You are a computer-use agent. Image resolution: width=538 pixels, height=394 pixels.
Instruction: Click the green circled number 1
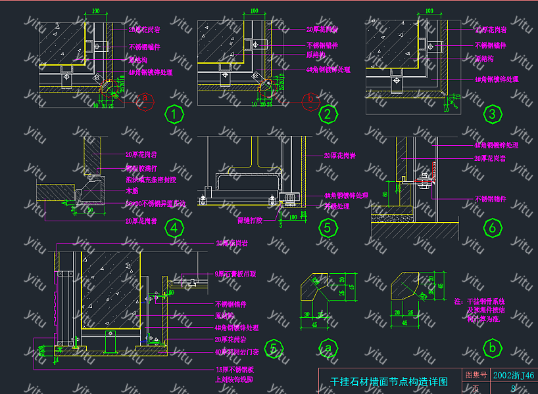tap(174, 115)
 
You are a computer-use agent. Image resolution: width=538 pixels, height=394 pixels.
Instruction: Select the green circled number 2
tap(327, 115)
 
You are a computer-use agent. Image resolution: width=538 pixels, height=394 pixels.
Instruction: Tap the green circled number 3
tap(491, 115)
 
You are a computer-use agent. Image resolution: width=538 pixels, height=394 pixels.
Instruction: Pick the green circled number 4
tap(174, 228)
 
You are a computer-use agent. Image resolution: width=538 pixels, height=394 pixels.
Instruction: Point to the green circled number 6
tap(491, 228)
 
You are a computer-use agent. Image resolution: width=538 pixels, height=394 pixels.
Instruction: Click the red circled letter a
tap(147, 99)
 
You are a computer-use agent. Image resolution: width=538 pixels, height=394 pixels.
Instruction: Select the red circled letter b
tap(312, 99)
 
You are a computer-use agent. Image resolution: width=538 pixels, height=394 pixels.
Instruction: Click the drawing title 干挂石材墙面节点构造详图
tap(389, 381)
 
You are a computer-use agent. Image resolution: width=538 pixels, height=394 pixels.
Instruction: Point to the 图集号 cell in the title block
tap(476, 376)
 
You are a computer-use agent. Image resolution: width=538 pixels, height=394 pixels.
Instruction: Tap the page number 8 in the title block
tap(512, 389)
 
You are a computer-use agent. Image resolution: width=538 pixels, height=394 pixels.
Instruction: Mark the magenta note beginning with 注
tap(479, 310)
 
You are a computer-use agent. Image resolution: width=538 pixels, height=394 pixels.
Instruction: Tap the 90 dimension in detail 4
tap(89, 211)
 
